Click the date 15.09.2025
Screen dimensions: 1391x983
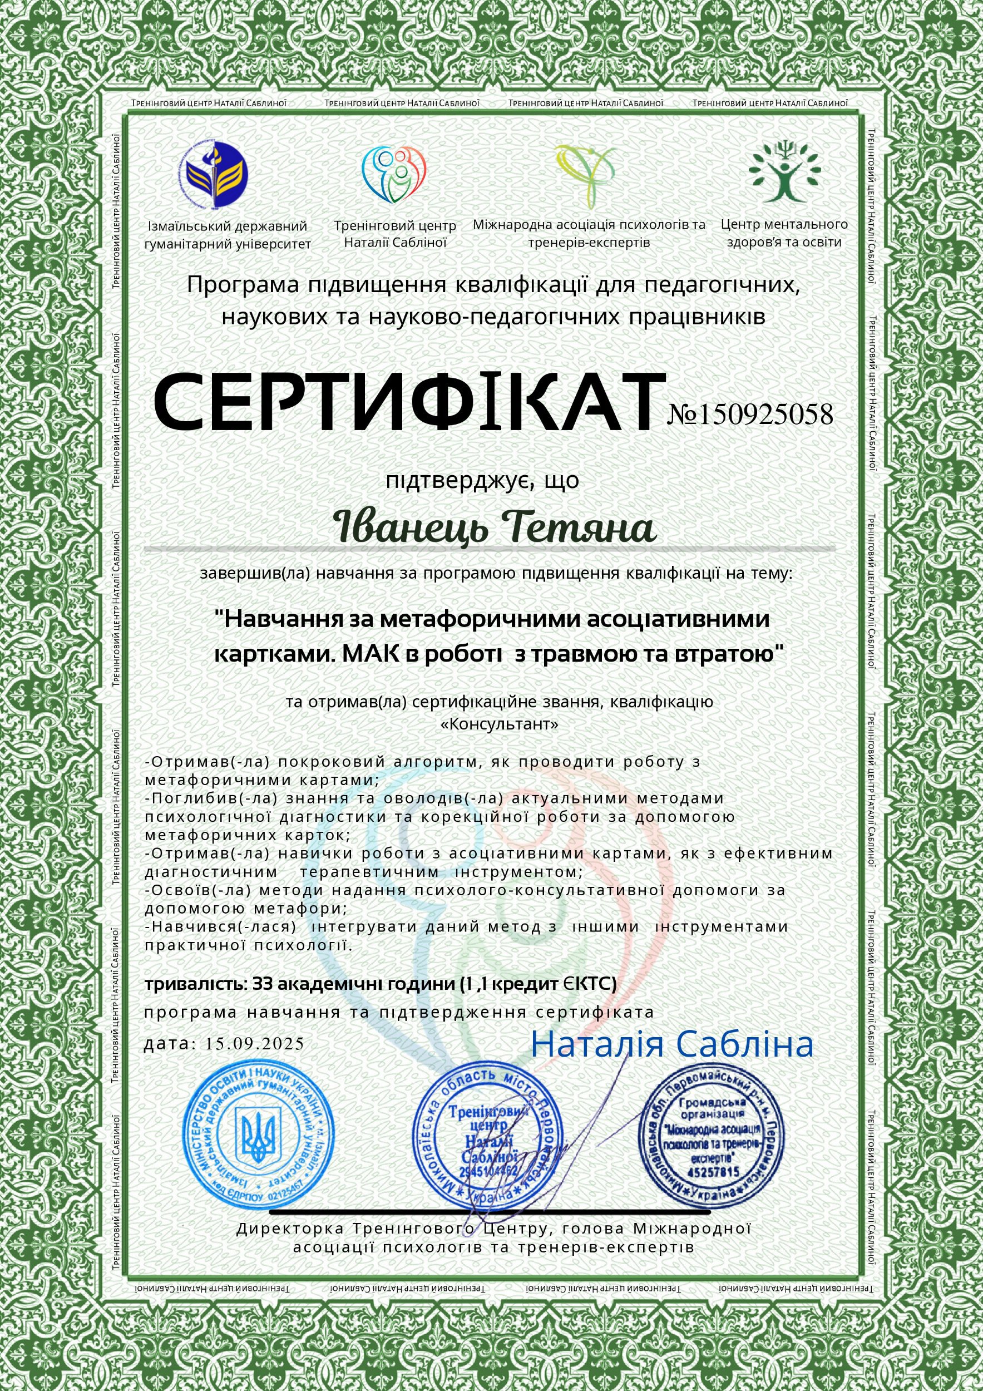[254, 1044]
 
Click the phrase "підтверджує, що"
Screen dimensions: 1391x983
[483, 480]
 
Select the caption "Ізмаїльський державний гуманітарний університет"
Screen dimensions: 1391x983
[227, 235]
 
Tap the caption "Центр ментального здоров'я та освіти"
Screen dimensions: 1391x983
[784, 233]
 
